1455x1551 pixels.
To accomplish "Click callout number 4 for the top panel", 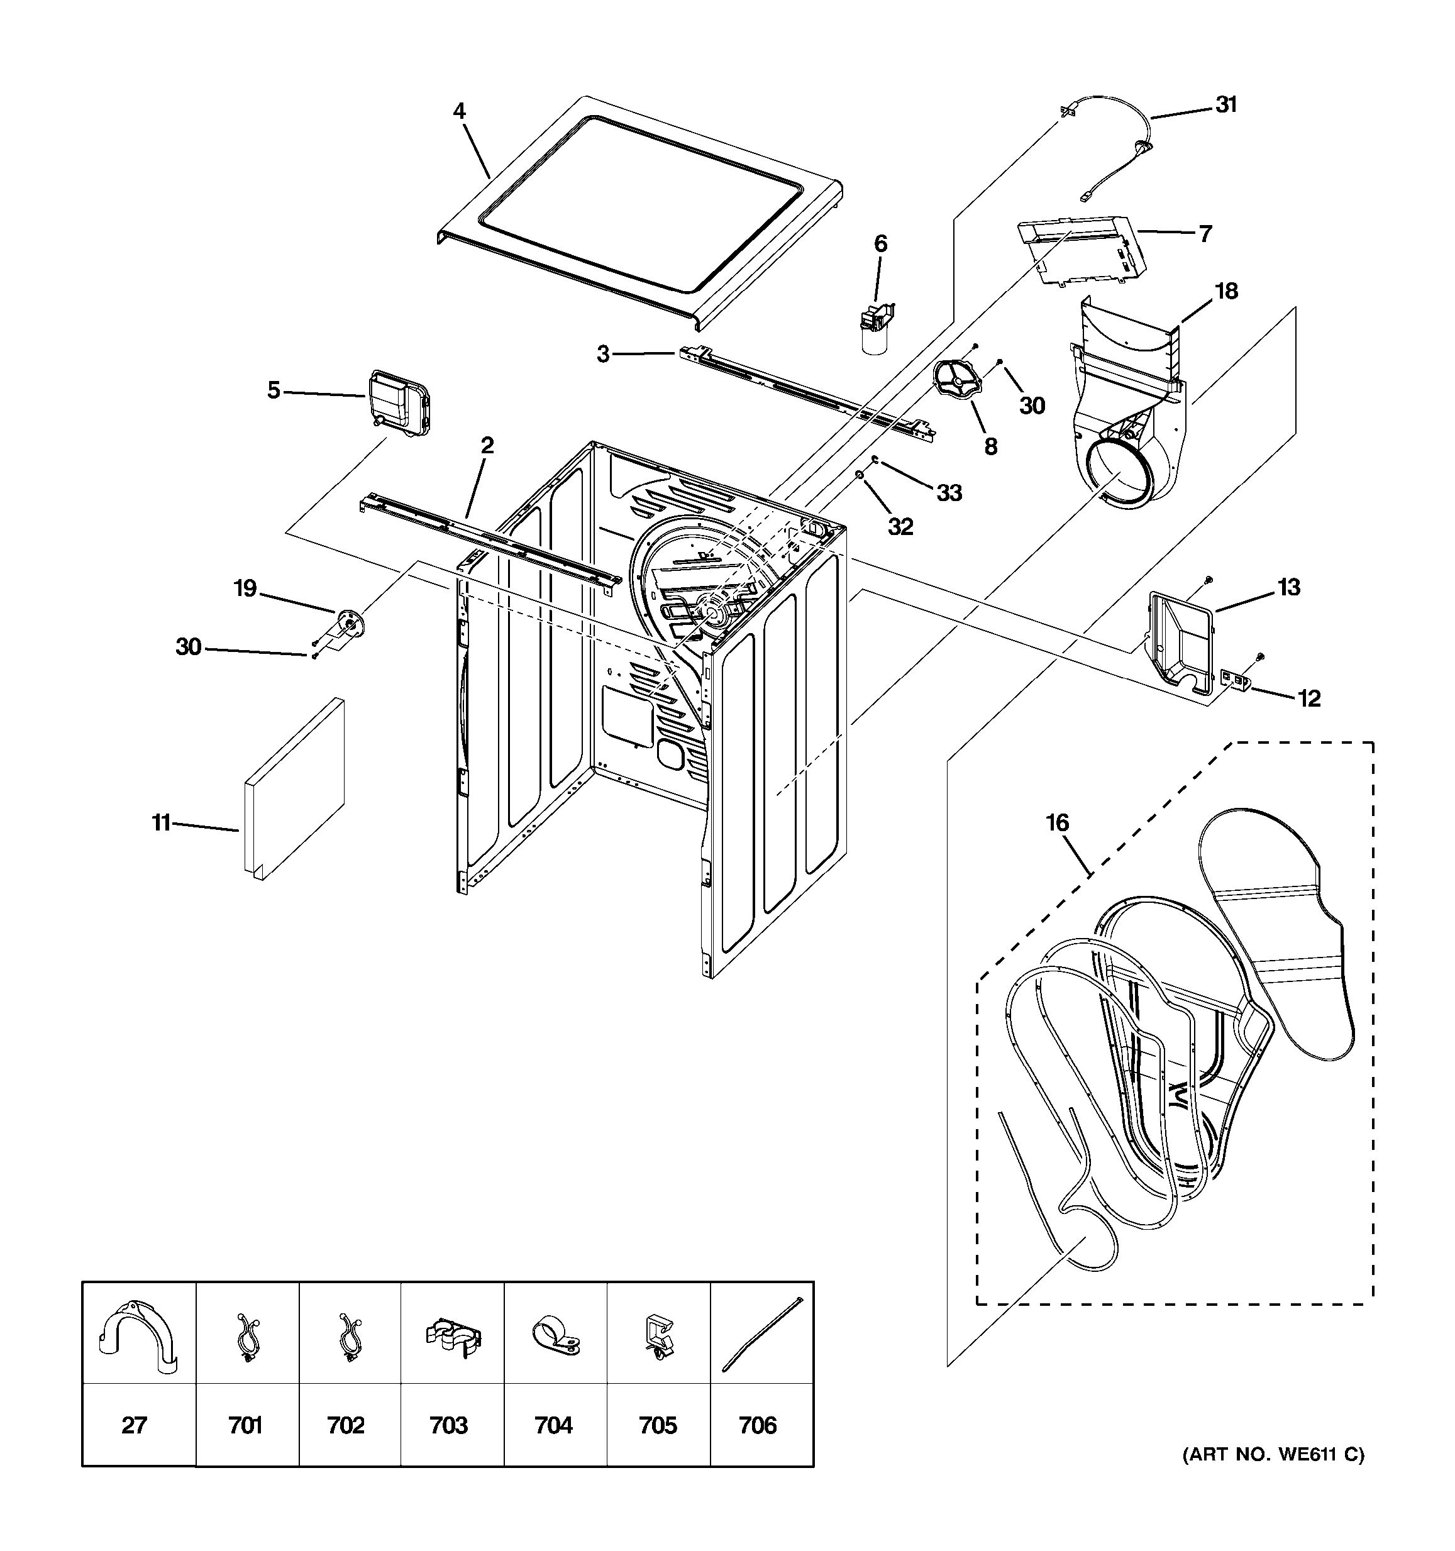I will (459, 111).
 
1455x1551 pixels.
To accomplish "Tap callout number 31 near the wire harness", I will (1226, 104).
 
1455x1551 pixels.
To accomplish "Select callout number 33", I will (949, 492).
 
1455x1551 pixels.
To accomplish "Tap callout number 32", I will (900, 527).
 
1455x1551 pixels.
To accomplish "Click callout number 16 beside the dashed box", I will (1057, 822).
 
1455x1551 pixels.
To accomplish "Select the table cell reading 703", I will (448, 1425).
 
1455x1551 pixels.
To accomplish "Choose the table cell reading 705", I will (658, 1425).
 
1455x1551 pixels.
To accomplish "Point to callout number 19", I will (246, 588).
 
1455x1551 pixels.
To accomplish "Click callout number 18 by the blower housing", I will (1226, 291).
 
